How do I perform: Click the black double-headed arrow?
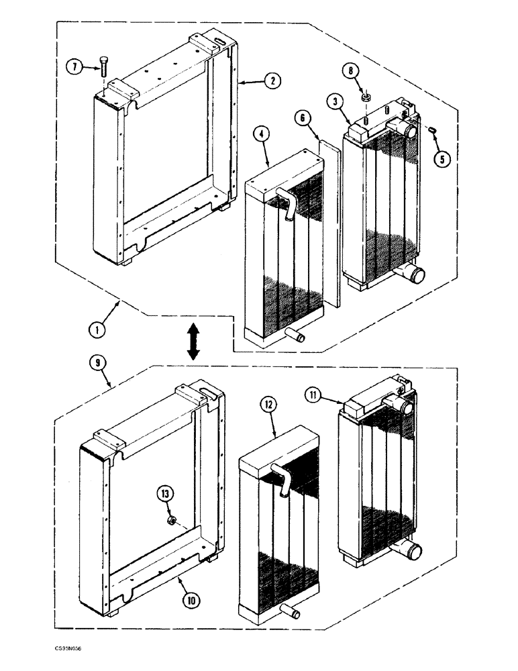(193, 341)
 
